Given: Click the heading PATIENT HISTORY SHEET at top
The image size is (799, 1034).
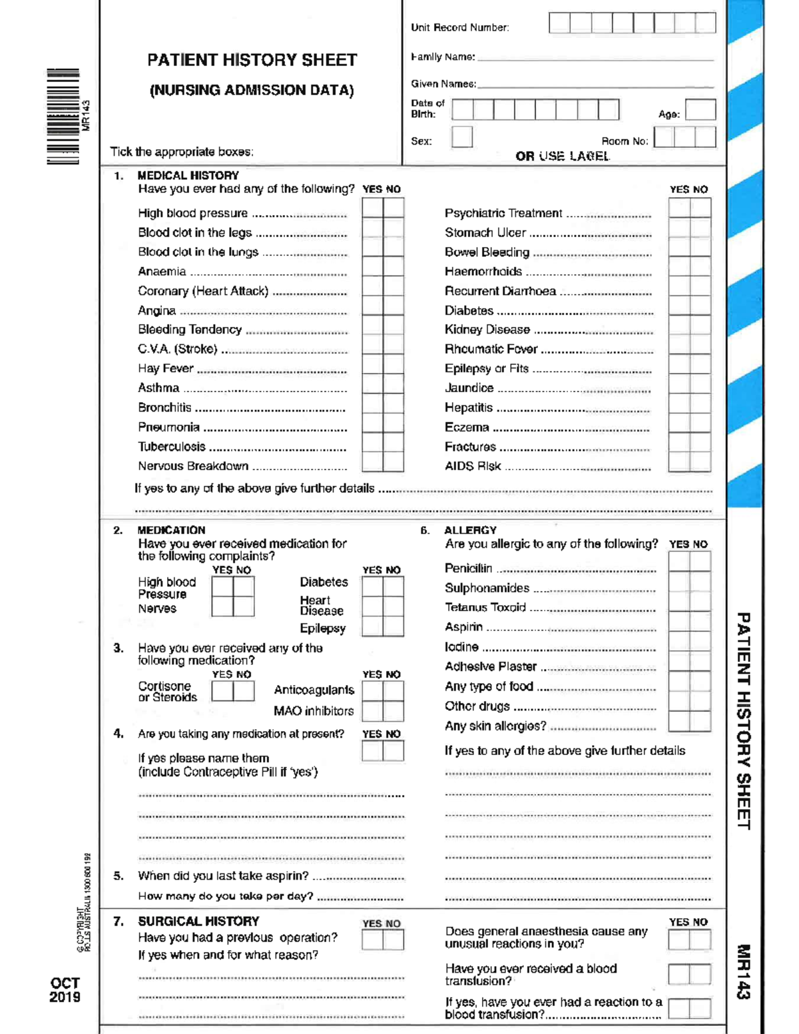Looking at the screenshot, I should pyautogui.click(x=252, y=60).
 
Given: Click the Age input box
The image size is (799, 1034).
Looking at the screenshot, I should pyautogui.click(x=700, y=110).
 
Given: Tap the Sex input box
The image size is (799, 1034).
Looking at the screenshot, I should pyautogui.click(x=461, y=137).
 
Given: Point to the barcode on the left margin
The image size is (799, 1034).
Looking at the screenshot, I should pyautogui.click(x=63, y=116).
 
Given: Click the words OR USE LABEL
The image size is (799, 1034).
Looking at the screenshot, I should pyautogui.click(x=562, y=156).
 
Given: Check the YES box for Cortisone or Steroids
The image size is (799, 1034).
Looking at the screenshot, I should pyautogui.click(x=222, y=691).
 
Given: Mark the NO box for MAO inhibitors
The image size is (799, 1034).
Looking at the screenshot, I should pyautogui.click(x=394, y=711).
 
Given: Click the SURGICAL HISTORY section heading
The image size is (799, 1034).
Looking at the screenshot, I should pyautogui.click(x=198, y=921).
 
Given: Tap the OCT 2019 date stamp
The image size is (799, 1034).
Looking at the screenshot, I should pyautogui.click(x=65, y=990).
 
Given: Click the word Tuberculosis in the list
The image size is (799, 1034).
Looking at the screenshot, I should pyautogui.click(x=172, y=447).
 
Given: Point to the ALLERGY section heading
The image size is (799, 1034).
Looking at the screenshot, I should pyautogui.click(x=470, y=530).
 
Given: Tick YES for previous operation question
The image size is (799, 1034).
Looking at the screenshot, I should pyautogui.click(x=372, y=939).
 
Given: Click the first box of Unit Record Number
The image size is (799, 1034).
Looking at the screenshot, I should pyautogui.click(x=559, y=23).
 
